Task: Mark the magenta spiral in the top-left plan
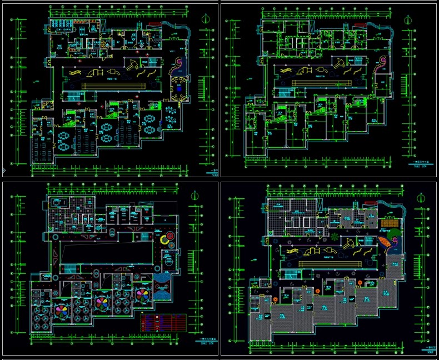click(x=178, y=62)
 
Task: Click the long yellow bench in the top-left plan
click(x=113, y=86)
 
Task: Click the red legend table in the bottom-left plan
click(x=163, y=322)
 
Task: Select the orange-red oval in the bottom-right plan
click(x=384, y=243)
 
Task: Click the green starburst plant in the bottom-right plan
click(x=334, y=236)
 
